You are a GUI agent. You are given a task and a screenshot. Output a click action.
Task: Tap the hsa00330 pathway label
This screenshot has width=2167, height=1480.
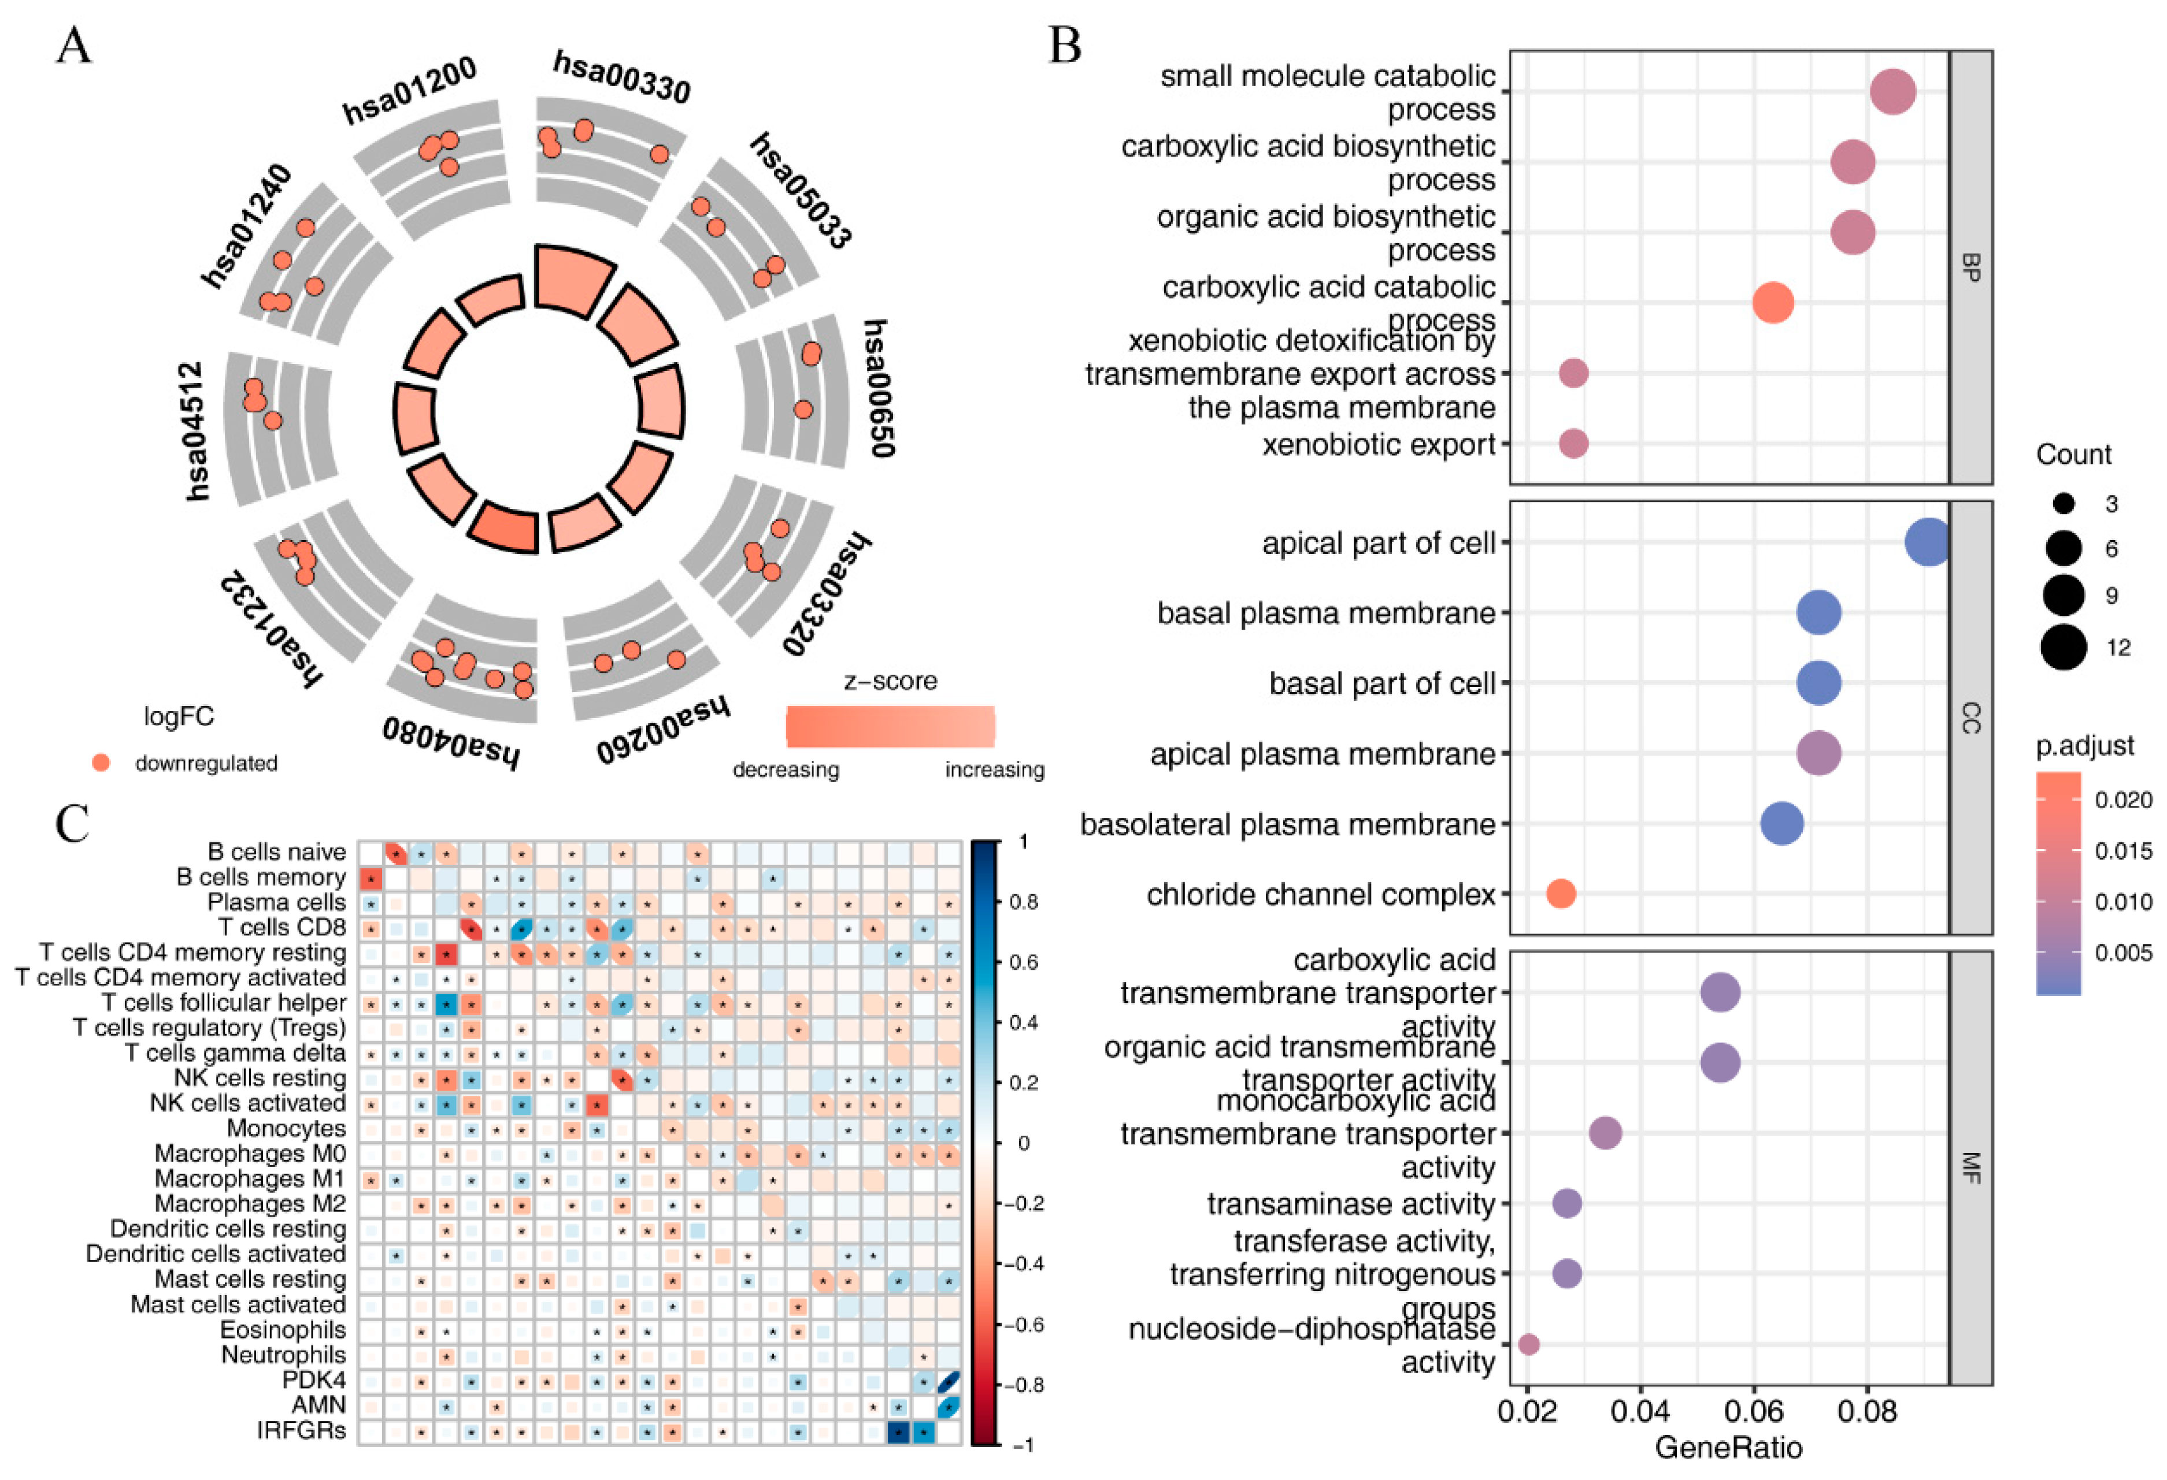[x=622, y=77]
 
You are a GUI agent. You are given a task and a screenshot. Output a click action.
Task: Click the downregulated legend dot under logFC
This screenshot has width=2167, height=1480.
[x=101, y=763]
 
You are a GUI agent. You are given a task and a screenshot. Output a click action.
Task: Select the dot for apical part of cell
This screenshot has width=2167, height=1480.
[x=1927, y=542]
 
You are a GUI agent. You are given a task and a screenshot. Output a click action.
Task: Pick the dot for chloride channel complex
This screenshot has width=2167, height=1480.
[x=1561, y=894]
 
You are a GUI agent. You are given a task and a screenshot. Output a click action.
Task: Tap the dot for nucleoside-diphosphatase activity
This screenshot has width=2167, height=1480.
[x=1528, y=1344]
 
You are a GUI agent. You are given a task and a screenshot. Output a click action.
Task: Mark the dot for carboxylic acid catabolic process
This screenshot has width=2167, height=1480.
[x=1773, y=302]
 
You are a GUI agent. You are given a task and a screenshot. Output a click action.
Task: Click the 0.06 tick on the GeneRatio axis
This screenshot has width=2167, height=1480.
[x=1753, y=1411]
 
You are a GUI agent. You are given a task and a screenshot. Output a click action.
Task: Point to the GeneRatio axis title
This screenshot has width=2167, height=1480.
[x=1728, y=1448]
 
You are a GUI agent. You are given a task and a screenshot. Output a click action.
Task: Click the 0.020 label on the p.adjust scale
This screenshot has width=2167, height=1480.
[x=2123, y=800]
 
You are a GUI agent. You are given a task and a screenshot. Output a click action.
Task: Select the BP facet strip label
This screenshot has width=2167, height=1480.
[x=1970, y=267]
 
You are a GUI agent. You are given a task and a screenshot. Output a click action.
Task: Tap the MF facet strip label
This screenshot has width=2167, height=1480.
[x=1970, y=1168]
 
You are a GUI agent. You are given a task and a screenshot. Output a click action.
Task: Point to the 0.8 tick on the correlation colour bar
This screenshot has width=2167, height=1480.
[x=1023, y=902]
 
